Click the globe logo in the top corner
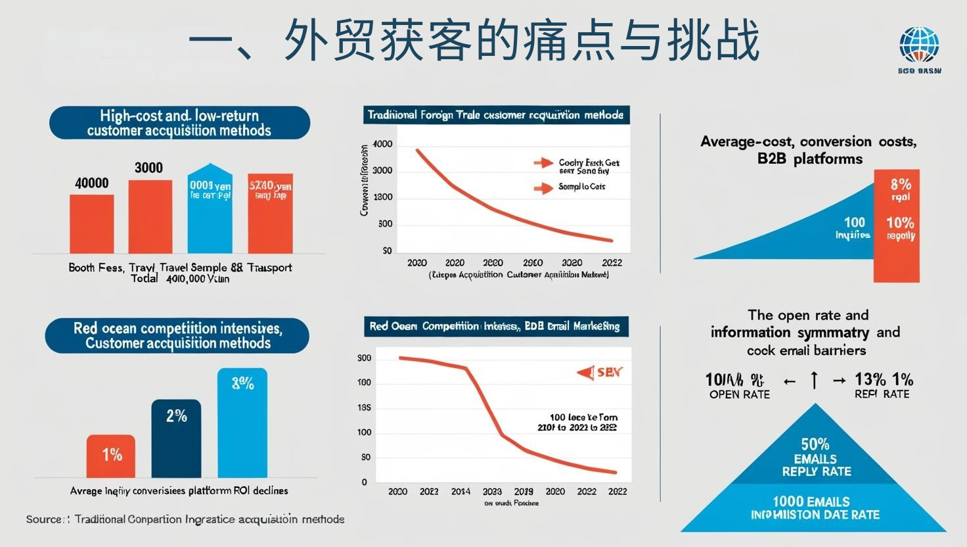click(x=919, y=45)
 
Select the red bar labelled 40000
click(x=92, y=224)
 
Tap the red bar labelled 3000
click(x=150, y=216)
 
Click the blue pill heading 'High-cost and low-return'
click(x=179, y=123)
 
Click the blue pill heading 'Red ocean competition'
click(x=177, y=335)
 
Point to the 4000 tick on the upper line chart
click(x=382, y=145)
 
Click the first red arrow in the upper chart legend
click(x=543, y=163)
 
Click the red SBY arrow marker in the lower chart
click(x=585, y=373)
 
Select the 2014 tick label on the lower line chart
click(x=461, y=491)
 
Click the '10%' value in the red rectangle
click(x=899, y=223)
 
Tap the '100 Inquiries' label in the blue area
click(x=853, y=228)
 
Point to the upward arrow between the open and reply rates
click(x=815, y=380)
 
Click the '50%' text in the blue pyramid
click(x=815, y=444)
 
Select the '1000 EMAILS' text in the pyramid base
click(x=811, y=502)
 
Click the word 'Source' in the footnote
click(x=44, y=519)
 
